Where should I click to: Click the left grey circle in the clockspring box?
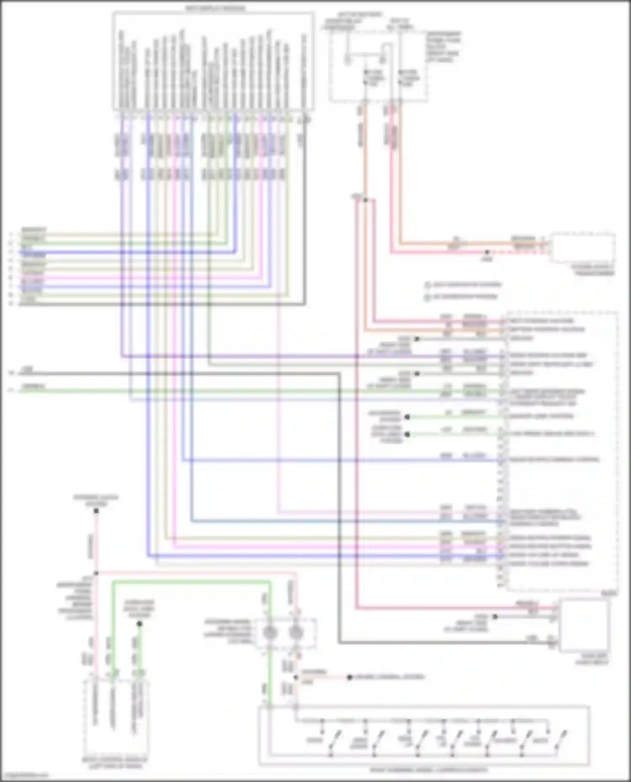270,632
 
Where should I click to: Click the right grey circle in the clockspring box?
296,632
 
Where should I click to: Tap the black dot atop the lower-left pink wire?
96,511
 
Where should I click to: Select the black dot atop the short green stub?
139,624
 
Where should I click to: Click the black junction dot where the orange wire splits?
365,200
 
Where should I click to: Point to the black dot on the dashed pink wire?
487,253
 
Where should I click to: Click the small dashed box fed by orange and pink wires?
583,248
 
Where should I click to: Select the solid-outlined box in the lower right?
584,625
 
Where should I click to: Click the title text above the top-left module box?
215,8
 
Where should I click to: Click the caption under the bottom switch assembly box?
429,770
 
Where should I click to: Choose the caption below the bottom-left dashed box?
115,763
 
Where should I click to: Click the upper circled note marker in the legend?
427,285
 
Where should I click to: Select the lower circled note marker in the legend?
427,297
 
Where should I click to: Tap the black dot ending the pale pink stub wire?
349,677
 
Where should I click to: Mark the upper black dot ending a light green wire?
407,417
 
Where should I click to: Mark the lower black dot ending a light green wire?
407,434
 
